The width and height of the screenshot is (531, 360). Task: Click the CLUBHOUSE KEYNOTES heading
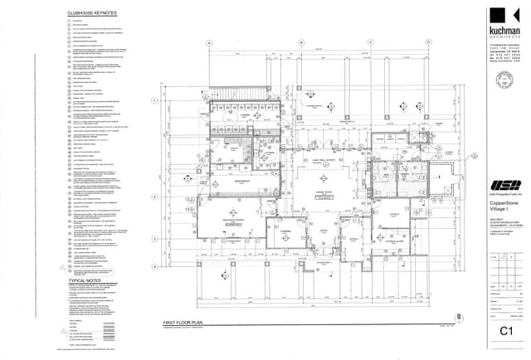click(x=92, y=14)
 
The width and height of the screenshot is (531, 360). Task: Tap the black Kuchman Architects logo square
click(x=498, y=16)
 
